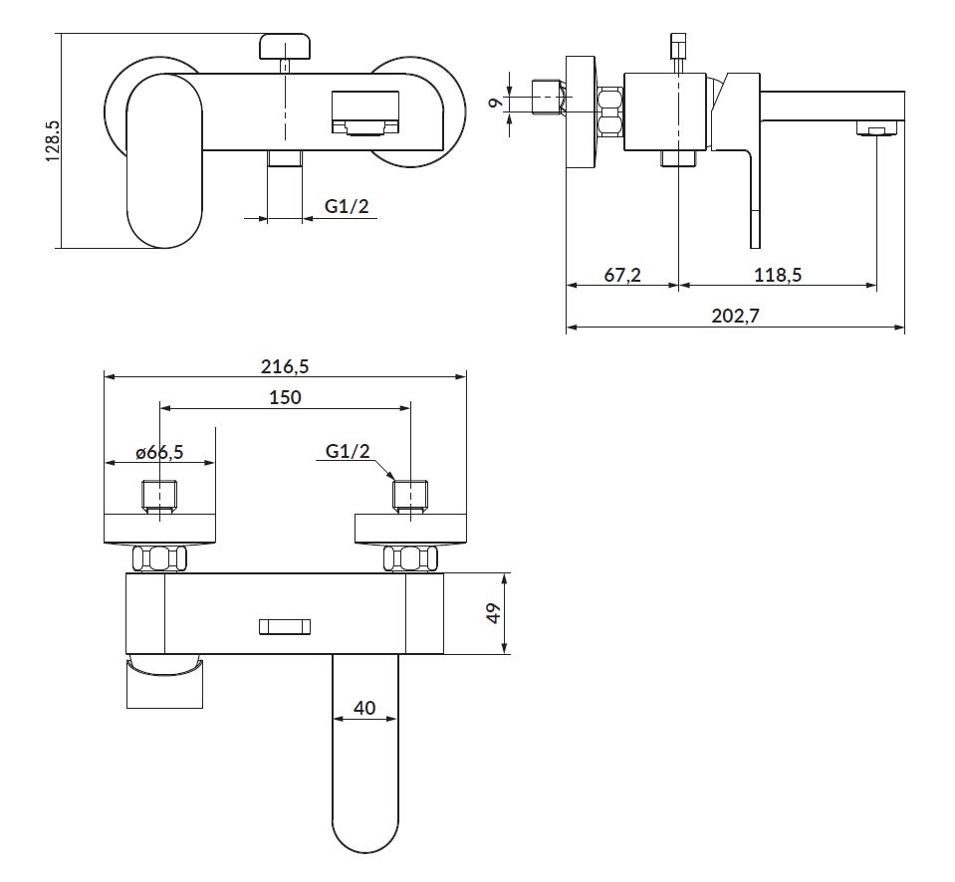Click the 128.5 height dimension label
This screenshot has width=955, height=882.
click(54, 140)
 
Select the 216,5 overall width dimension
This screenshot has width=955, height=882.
click(286, 365)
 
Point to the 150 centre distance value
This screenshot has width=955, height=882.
click(286, 396)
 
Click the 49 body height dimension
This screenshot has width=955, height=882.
click(492, 613)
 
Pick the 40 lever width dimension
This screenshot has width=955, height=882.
click(364, 709)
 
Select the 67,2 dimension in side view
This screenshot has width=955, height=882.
click(622, 276)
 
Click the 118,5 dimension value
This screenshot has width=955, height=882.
click(778, 276)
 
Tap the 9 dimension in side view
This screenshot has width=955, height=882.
click(494, 100)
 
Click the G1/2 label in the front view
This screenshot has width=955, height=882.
click(347, 207)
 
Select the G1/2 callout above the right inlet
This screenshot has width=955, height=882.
click(348, 451)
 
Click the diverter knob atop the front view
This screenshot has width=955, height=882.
click(285, 46)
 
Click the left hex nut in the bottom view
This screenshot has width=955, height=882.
click(160, 558)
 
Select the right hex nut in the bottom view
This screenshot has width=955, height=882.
click(410, 558)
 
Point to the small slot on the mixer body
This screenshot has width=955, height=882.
click(286, 626)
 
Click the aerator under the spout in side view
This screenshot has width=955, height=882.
click(875, 129)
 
